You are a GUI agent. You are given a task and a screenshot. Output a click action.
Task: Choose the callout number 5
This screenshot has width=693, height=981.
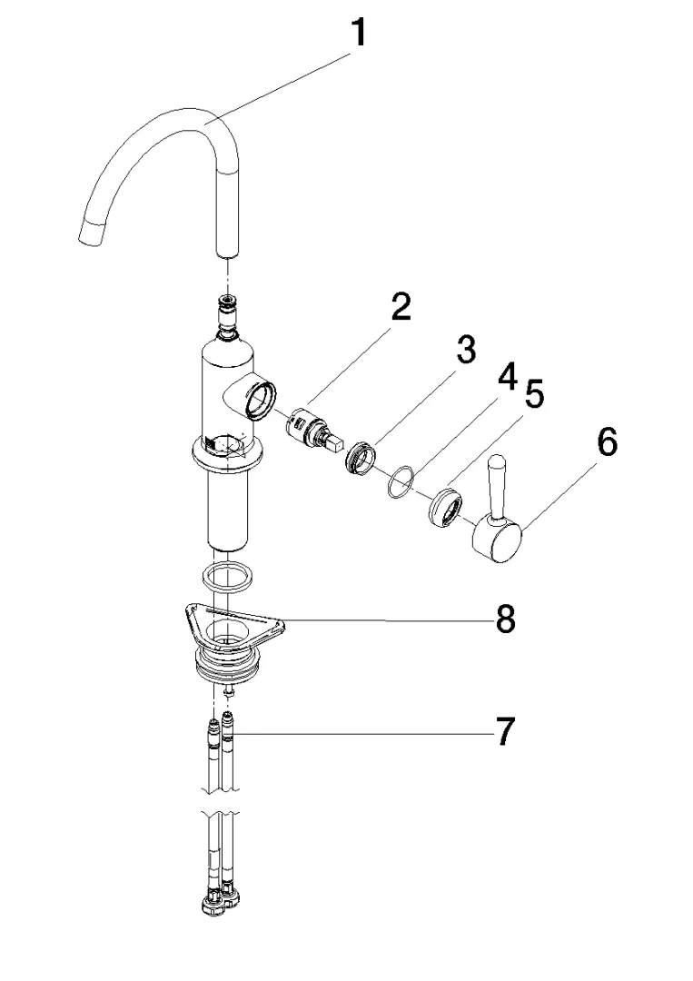tap(534, 396)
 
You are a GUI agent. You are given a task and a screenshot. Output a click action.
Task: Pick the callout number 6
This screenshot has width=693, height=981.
tap(606, 443)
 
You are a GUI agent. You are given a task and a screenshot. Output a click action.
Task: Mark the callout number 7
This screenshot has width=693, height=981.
tap(506, 730)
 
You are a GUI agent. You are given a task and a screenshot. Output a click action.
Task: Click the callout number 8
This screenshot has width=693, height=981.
tap(505, 620)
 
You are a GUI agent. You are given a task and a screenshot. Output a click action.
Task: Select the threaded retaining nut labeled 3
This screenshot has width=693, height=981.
tap(361, 458)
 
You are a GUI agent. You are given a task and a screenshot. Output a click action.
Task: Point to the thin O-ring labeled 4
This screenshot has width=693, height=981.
tap(399, 483)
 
